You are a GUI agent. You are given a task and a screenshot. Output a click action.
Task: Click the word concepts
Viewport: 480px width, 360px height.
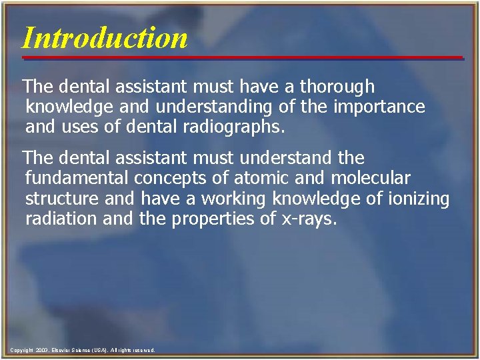[x=174, y=179]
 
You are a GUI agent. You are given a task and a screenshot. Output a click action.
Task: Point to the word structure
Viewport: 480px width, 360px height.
[x=59, y=199]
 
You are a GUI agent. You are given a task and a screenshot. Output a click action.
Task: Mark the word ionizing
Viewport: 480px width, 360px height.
[x=419, y=199]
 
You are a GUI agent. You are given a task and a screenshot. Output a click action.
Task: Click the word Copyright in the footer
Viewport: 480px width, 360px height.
[x=23, y=350]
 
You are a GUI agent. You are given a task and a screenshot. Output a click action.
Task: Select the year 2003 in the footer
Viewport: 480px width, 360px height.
[x=42, y=350]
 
